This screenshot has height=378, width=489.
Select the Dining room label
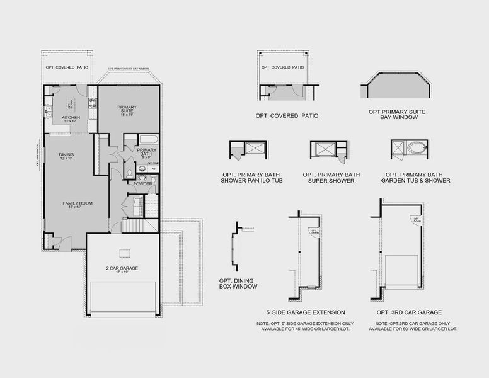[66, 156]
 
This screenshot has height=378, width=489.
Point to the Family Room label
[77, 205]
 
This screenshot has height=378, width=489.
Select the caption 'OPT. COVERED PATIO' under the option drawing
[287, 116]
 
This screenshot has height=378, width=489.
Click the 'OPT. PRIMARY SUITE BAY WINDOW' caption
[398, 114]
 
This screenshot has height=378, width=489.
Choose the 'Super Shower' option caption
[331, 177]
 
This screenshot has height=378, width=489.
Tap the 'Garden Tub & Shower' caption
[415, 177]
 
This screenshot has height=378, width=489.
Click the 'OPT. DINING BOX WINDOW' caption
[238, 282]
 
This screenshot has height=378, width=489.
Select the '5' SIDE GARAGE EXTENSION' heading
[306, 312]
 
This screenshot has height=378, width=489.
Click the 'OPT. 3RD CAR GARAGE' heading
[413, 312]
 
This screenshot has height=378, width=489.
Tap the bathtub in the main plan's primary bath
[149, 140]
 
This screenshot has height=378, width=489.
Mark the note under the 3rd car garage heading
[413, 326]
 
